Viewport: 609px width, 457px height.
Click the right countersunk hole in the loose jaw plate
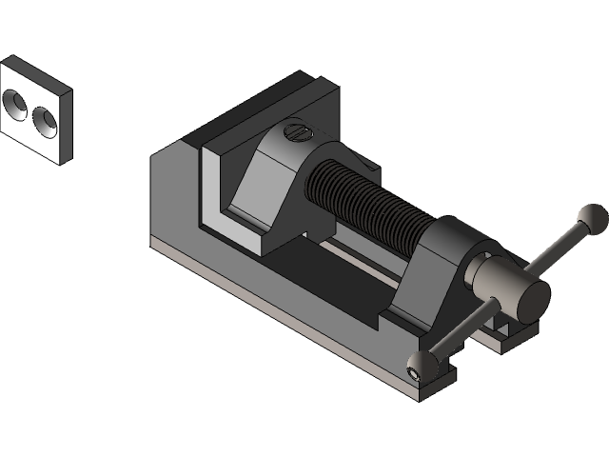pos(44,119)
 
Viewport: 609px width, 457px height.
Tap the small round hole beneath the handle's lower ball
pos(414,374)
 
